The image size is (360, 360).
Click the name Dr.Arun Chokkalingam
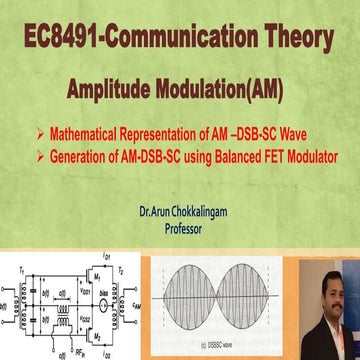[x=189, y=212]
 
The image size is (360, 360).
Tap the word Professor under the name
[x=190, y=227]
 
